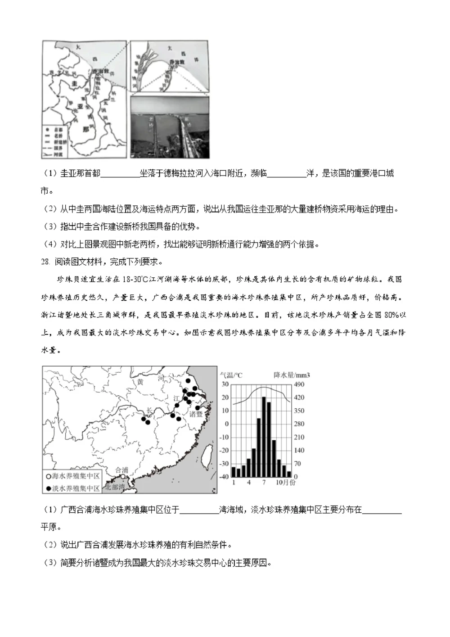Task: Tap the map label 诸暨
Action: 196,414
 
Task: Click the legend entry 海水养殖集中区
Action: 73,476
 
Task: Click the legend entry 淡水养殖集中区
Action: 73,488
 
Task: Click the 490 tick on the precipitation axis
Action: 299,384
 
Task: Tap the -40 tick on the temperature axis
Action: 224,477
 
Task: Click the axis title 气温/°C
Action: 230,375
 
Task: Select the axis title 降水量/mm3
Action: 292,375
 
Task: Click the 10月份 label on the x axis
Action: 286,482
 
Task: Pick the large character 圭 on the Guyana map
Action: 74,84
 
